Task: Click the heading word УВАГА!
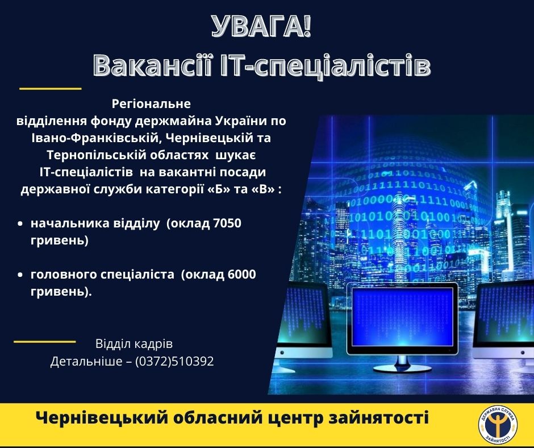pos(261,27)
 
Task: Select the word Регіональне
pos(151,104)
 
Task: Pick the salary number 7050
pos(227,223)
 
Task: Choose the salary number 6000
pos(241,275)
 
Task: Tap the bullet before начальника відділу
pos(20,224)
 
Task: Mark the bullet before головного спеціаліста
pos(20,275)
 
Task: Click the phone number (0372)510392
pos(174,361)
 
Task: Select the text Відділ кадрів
pos(134,343)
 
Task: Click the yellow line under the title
pos(51,89)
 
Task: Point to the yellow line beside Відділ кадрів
pos(45,341)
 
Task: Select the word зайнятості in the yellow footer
pos(378,418)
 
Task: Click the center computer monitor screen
pos(403,317)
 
